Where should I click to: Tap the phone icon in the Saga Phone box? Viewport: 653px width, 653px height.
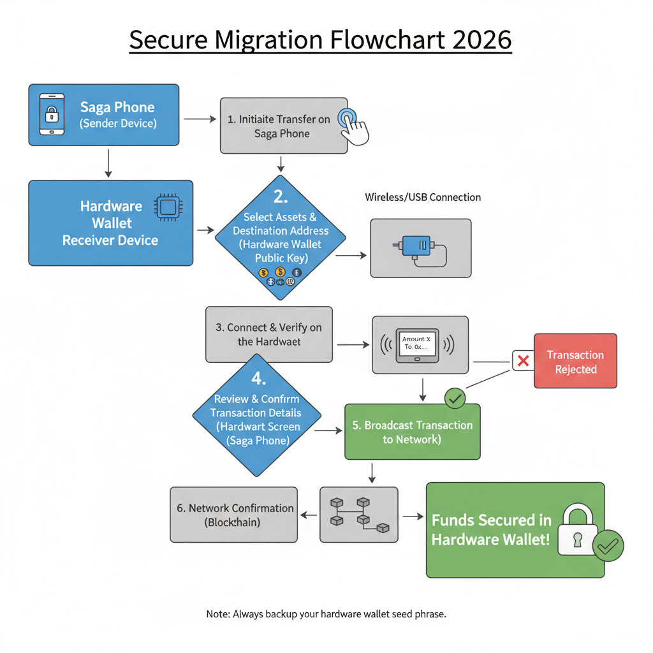click(x=52, y=115)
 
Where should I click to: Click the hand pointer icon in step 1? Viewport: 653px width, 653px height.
click(x=352, y=125)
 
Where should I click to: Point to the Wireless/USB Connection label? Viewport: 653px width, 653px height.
click(x=423, y=197)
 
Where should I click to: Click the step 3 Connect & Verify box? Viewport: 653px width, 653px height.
click(x=268, y=334)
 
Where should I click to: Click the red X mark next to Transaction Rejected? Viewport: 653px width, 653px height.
click(x=523, y=361)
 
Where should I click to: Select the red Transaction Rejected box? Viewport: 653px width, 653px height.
click(x=575, y=361)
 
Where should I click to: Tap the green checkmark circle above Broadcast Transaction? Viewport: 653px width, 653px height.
click(x=455, y=399)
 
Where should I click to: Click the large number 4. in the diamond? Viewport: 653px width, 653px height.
click(x=258, y=378)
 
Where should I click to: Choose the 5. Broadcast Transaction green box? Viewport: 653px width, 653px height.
click(x=412, y=432)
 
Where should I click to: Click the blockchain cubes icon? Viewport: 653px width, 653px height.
click(x=358, y=514)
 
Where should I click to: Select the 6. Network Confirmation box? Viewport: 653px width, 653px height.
click(x=234, y=515)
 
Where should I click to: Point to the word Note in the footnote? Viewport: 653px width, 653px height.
click(x=217, y=614)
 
